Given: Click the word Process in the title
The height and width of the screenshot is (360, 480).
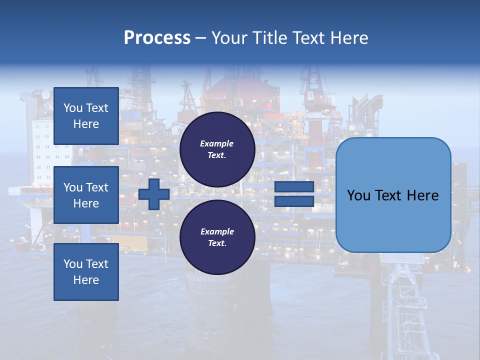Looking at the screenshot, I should pyautogui.click(x=157, y=38).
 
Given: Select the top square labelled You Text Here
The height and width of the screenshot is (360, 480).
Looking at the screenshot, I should pyautogui.click(x=86, y=116).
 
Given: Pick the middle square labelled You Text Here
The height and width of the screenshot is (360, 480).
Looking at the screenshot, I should pyautogui.click(x=86, y=195).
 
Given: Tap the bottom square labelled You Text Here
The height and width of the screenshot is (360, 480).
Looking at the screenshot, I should pyautogui.click(x=86, y=272).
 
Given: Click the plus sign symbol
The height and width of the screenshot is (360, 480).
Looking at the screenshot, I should pyautogui.click(x=154, y=194).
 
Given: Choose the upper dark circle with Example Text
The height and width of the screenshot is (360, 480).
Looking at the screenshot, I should pyautogui.click(x=217, y=149).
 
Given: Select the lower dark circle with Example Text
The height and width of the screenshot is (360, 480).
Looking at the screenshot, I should pyautogui.click(x=217, y=237).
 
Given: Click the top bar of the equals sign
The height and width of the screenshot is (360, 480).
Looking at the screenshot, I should pyautogui.click(x=294, y=186).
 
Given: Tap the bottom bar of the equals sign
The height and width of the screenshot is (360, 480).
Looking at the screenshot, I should pyautogui.click(x=294, y=201).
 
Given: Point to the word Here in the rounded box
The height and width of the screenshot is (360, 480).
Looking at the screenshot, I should pyautogui.click(x=422, y=195).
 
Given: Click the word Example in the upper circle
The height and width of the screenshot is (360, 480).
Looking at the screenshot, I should pyautogui.click(x=217, y=143).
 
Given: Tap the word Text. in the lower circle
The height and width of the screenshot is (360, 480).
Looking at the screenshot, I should pyautogui.click(x=217, y=243).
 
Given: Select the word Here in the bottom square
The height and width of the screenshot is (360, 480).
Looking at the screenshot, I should pyautogui.click(x=86, y=280).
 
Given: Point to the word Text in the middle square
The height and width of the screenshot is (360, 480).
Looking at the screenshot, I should pyautogui.click(x=97, y=187).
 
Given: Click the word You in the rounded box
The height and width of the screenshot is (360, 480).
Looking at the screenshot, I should pyautogui.click(x=358, y=195).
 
